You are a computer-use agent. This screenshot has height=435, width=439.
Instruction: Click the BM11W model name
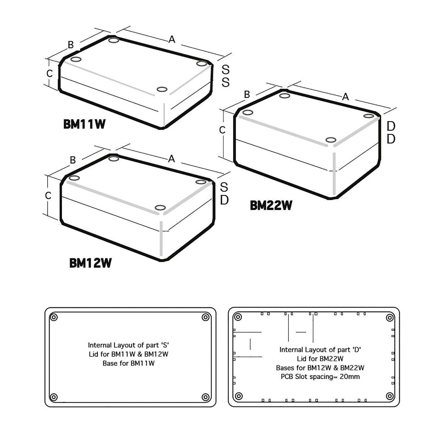(x=84, y=124)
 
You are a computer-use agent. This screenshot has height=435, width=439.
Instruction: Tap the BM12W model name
(x=90, y=263)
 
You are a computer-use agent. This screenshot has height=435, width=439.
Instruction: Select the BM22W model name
(x=271, y=206)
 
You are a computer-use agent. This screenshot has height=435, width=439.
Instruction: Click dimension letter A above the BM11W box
(x=172, y=40)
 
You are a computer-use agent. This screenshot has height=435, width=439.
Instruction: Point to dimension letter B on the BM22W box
(x=247, y=95)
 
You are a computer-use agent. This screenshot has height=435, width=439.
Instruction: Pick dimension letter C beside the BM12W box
(x=48, y=196)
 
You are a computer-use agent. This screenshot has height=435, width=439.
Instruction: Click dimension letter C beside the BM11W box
(x=50, y=74)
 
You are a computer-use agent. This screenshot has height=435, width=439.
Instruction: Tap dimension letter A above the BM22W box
(x=346, y=97)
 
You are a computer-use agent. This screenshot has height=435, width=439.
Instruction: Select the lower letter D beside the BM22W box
(x=391, y=139)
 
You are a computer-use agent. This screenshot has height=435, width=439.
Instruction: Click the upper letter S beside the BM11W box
(x=225, y=69)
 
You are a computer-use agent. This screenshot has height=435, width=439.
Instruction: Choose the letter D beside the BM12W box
(x=224, y=200)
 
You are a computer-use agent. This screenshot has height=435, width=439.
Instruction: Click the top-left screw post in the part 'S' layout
(x=54, y=317)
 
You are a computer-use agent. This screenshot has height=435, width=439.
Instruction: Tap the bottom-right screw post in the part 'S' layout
(x=206, y=397)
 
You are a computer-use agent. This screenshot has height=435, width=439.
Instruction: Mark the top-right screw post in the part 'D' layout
(x=390, y=317)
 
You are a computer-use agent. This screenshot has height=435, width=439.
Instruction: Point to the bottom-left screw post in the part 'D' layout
(x=238, y=396)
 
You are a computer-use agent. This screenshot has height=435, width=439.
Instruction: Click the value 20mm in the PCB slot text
(x=350, y=377)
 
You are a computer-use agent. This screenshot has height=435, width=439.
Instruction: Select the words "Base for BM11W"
(x=128, y=363)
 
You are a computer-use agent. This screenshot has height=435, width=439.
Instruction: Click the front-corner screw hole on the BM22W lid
(x=331, y=140)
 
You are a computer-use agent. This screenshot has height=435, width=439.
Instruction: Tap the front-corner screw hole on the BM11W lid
(x=162, y=89)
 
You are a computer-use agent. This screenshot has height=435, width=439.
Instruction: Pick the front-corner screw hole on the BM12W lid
(x=160, y=208)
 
